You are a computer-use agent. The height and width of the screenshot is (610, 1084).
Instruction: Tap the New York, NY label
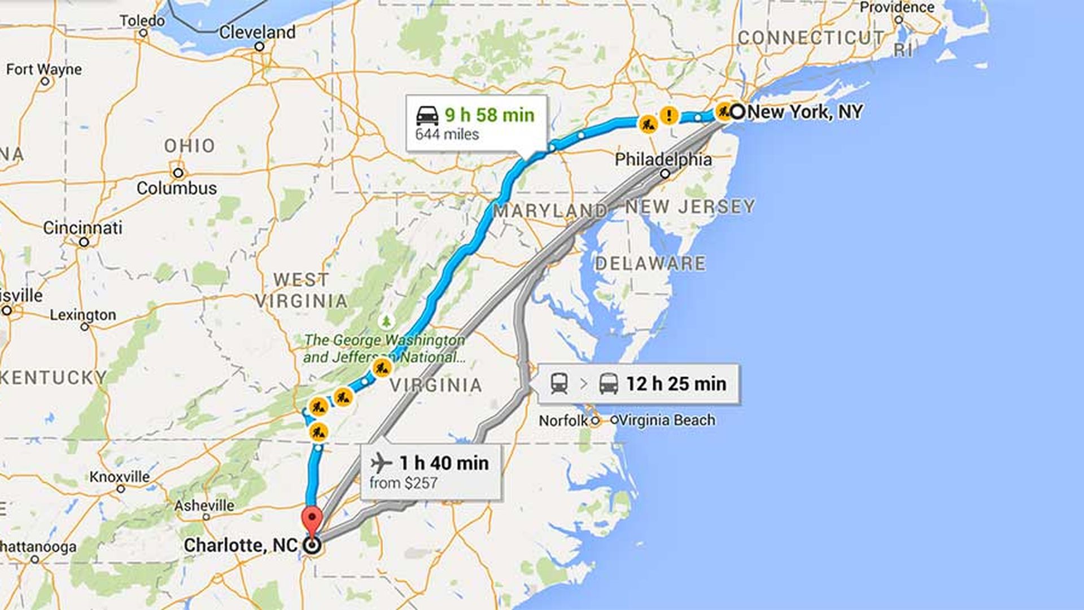pyautogui.click(x=805, y=112)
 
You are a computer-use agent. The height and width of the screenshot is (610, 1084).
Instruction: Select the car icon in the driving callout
pyautogui.click(x=427, y=115)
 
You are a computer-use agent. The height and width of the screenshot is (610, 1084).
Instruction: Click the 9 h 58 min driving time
pyautogui.click(x=489, y=115)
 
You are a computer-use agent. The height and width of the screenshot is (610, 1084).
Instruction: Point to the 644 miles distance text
pyautogui.click(x=447, y=134)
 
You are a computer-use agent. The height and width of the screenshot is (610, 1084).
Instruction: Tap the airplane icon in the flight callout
pyautogui.click(x=382, y=463)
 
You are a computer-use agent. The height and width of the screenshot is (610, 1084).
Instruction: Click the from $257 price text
pyautogui.click(x=403, y=483)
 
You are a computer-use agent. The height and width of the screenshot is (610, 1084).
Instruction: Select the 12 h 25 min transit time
pyautogui.click(x=676, y=384)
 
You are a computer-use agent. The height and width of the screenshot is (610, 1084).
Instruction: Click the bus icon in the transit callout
pyautogui.click(x=609, y=384)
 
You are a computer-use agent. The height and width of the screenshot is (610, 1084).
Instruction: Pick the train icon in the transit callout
pyautogui.click(x=559, y=384)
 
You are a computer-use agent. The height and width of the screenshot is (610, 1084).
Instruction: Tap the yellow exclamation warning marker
pyautogui.click(x=670, y=116)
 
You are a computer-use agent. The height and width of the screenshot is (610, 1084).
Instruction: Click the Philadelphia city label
pyautogui.click(x=663, y=160)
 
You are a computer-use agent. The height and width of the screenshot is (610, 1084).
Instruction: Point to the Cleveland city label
pyautogui.click(x=257, y=33)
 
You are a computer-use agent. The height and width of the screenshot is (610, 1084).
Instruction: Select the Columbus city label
pyautogui.click(x=177, y=188)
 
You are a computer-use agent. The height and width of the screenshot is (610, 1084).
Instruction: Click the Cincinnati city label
pyautogui.click(x=83, y=228)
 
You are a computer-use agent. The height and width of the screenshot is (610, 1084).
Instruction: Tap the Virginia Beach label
pyautogui.click(x=667, y=420)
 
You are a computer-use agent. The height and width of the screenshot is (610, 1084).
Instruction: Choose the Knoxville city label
pyautogui.click(x=120, y=477)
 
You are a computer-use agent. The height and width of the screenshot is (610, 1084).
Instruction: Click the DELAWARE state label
pyautogui.click(x=650, y=263)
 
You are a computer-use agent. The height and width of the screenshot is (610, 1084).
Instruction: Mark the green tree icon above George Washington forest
pyautogui.click(x=386, y=322)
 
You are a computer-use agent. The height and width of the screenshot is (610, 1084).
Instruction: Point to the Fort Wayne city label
pyautogui.click(x=44, y=69)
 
